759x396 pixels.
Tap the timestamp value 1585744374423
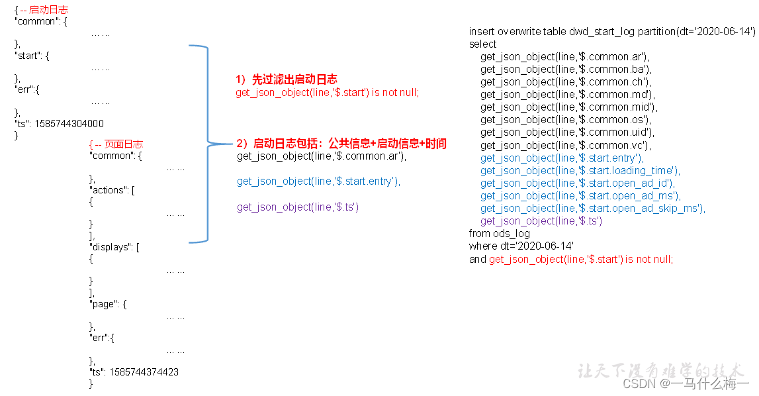(144, 372)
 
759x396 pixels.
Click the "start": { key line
(32, 56)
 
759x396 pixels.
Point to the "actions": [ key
(112, 190)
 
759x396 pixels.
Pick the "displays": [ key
(114, 247)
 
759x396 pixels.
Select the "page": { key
(108, 304)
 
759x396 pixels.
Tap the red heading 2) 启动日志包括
(341, 144)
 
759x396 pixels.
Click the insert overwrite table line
(612, 32)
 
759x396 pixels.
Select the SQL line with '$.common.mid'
(569, 107)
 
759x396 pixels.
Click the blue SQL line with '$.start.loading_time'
(580, 170)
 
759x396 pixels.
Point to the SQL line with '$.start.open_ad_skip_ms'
(593, 208)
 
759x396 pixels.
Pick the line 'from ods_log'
(500, 233)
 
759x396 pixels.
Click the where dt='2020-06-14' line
(521, 246)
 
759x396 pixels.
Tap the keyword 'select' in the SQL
(483, 44)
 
